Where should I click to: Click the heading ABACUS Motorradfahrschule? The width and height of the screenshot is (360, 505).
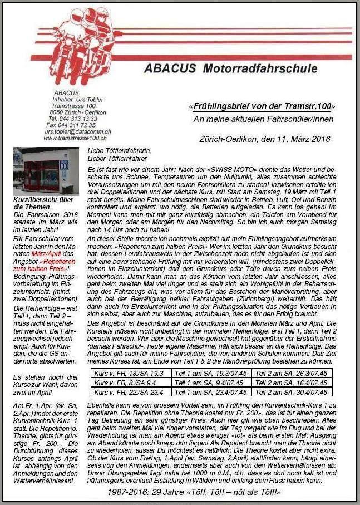pyautogui.click(x=230, y=69)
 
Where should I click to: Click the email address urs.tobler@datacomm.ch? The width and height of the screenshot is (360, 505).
pyautogui.click(x=78, y=131)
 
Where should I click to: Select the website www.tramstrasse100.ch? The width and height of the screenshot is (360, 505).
pyautogui.click(x=76, y=138)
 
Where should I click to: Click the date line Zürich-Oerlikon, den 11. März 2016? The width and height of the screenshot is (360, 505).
pyautogui.click(x=264, y=139)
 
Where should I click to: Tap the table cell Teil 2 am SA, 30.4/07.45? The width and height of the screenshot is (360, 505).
pyautogui.click(x=291, y=392)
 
